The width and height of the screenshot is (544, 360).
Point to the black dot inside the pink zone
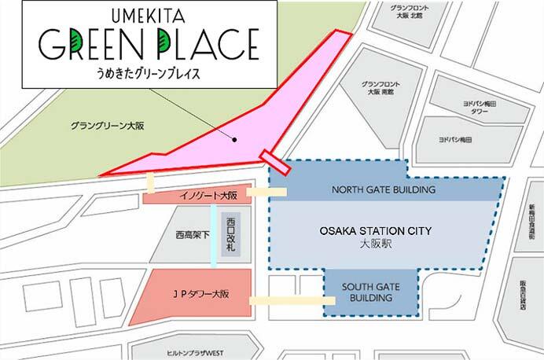click(x=234, y=138)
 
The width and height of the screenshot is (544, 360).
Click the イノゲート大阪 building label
click(x=197, y=194)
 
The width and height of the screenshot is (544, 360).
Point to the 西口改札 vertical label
click(x=231, y=232)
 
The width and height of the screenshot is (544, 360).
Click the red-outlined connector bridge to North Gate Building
click(x=275, y=160)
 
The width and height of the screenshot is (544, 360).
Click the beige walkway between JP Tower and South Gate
click(x=288, y=299)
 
